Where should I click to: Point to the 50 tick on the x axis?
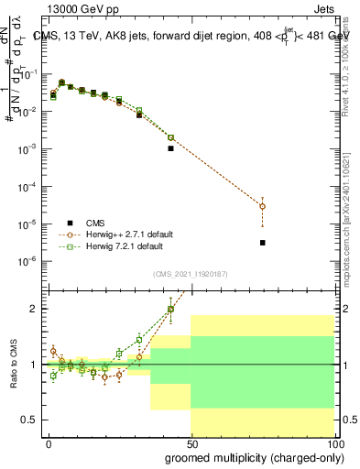[x=191, y=442]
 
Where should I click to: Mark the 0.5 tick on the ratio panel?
[x=30, y=420]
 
